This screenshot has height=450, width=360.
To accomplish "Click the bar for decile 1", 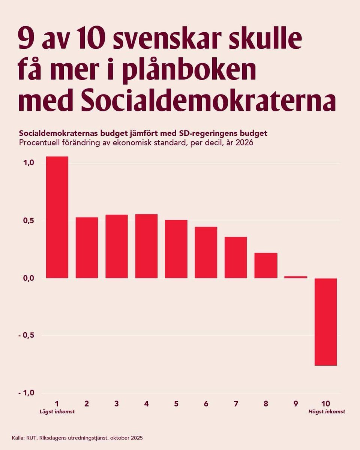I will pyautogui.click(x=57, y=217).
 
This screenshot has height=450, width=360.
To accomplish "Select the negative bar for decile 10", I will pyautogui.click(x=325, y=321).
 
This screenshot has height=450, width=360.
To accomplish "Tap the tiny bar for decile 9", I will pyautogui.click(x=296, y=277).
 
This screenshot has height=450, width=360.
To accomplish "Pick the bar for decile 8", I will pyautogui.click(x=266, y=265).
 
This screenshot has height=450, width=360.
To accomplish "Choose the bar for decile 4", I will pyautogui.click(x=146, y=246).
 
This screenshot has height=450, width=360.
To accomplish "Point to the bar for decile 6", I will pyautogui.click(x=206, y=252).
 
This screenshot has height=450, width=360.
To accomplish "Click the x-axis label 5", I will pyautogui.click(x=176, y=404).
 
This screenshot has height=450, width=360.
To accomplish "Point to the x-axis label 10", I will pyautogui.click(x=325, y=404).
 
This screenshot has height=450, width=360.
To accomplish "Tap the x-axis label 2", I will pyautogui.click(x=87, y=404).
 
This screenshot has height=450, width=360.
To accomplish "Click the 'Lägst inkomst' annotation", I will pyautogui.click(x=57, y=412).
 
